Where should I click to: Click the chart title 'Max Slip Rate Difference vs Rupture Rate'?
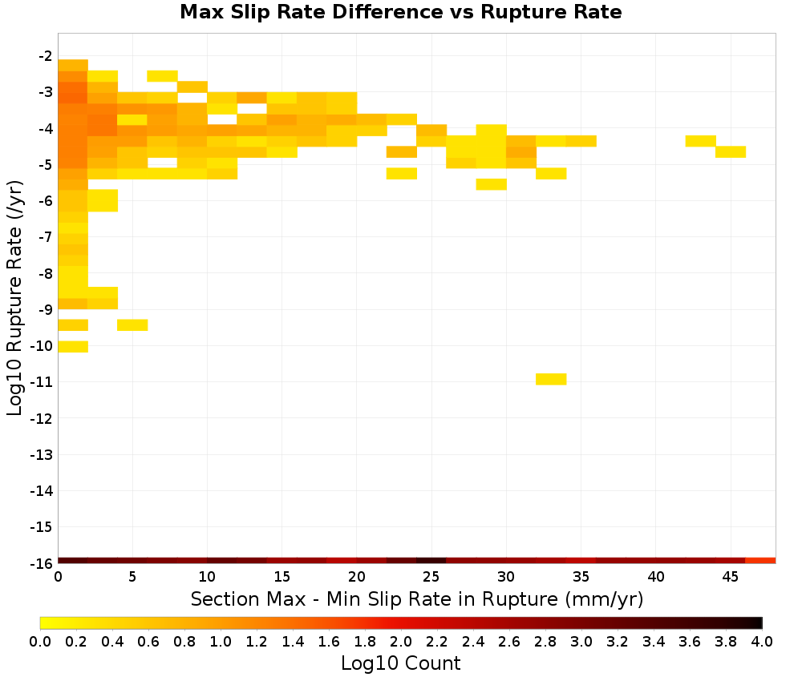click(x=400, y=12)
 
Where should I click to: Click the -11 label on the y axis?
click(x=42, y=382)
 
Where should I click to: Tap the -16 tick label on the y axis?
click(x=42, y=563)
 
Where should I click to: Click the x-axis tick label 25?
click(x=431, y=577)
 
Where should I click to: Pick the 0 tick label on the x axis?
click(x=59, y=577)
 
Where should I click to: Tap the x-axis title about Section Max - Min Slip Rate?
click(x=417, y=599)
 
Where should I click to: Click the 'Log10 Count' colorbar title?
click(x=400, y=663)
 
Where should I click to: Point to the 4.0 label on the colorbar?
click(x=762, y=641)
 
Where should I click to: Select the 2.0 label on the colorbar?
click(x=401, y=641)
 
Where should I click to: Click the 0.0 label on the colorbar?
click(x=40, y=641)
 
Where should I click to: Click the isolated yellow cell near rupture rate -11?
click(x=552, y=379)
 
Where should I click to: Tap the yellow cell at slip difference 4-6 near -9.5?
click(x=132, y=325)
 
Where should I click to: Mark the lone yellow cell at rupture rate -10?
click(x=73, y=346)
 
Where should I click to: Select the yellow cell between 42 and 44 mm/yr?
click(x=701, y=141)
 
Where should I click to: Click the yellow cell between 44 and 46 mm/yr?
click(x=731, y=151)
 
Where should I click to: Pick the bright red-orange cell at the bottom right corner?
click(x=760, y=561)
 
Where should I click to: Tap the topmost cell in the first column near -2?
click(x=73, y=66)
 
